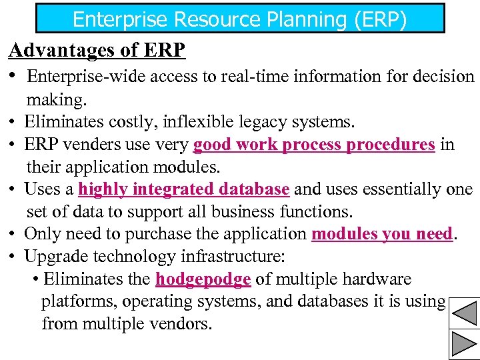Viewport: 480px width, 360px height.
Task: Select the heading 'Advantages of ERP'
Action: click(x=97, y=50)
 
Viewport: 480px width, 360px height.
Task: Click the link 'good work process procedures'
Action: click(x=314, y=145)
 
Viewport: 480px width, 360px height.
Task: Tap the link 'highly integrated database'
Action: click(x=184, y=189)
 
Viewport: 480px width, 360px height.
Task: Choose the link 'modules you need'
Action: click(x=382, y=234)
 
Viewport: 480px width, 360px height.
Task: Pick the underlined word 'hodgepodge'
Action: click(x=203, y=279)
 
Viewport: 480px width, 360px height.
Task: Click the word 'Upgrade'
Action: click(x=53, y=257)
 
